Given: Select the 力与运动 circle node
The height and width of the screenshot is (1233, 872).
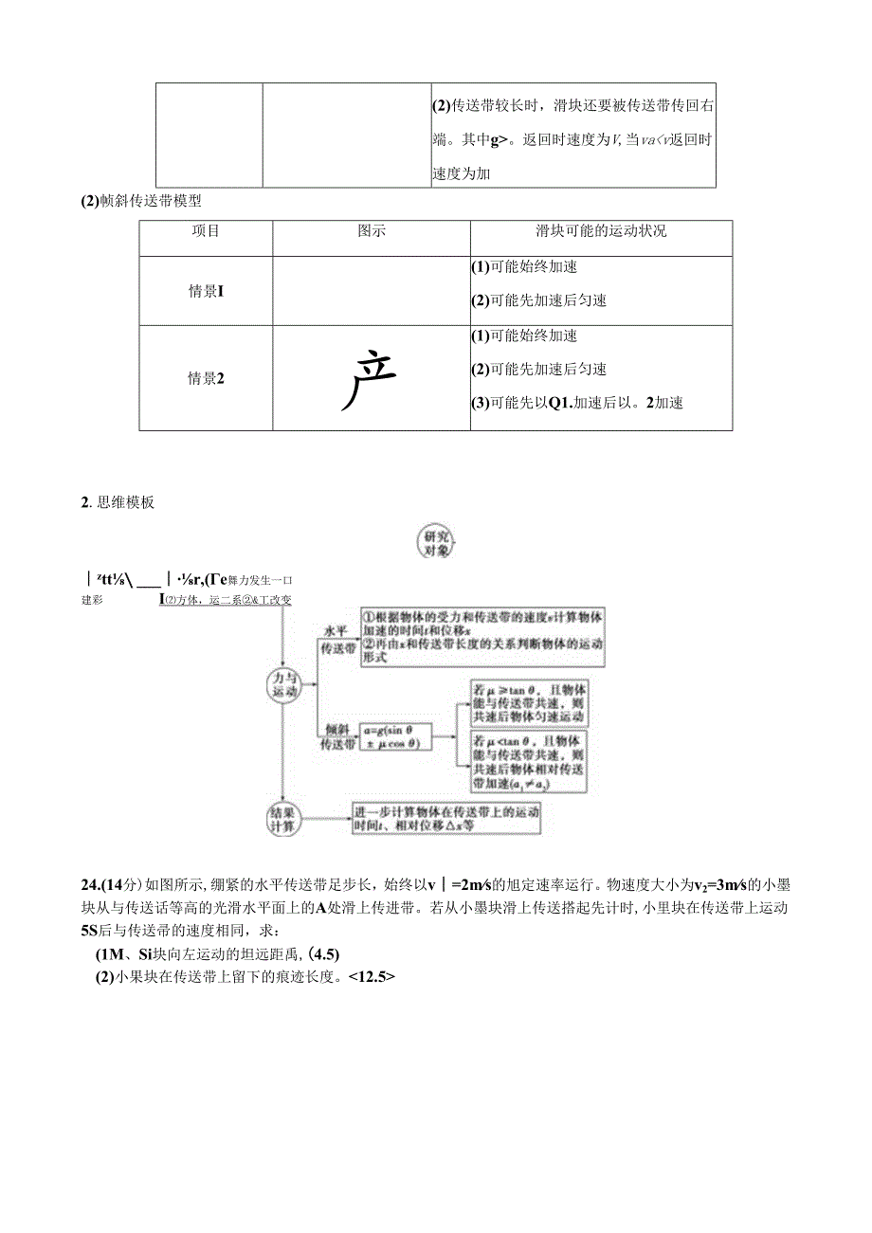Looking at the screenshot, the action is click(x=283, y=684).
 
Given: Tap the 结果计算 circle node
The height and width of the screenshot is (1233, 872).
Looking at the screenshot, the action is click(x=283, y=818).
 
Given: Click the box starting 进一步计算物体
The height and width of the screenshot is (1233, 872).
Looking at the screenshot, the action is click(x=452, y=818).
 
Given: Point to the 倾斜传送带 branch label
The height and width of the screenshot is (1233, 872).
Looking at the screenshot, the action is click(x=337, y=736).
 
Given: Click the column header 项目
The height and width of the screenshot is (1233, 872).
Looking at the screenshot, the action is click(x=206, y=231).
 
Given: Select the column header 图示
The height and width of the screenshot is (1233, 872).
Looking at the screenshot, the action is click(x=371, y=231).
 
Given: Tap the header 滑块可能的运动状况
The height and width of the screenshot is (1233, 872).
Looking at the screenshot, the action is click(x=601, y=231).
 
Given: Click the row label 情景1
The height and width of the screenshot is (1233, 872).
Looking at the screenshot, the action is click(x=206, y=292).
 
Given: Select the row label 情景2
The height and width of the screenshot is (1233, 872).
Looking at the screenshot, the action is click(x=206, y=378).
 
